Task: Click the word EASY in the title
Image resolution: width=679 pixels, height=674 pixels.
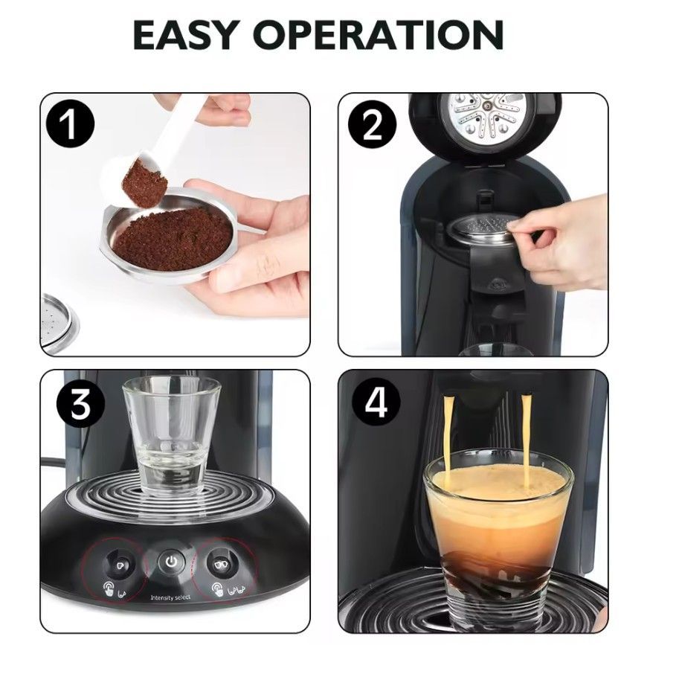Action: tap(186, 35)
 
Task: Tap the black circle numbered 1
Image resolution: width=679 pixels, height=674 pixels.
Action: tap(70, 124)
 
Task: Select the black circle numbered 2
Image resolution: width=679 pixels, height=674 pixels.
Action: tap(372, 124)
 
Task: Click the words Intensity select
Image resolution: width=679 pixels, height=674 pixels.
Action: tap(170, 598)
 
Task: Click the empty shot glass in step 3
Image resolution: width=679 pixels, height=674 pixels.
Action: tap(172, 435)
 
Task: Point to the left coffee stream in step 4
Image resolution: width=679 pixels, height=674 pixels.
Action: tap(447, 432)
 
